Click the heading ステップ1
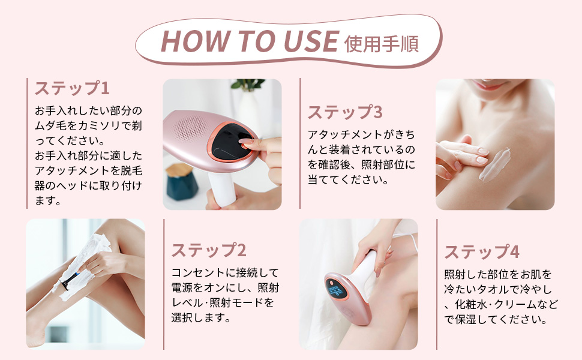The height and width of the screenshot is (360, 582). (72, 89)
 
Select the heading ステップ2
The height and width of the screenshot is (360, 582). (209, 250)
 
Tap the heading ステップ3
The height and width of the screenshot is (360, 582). (345, 112)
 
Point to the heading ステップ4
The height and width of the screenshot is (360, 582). (482, 251)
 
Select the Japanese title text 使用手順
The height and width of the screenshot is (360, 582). (382, 43)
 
